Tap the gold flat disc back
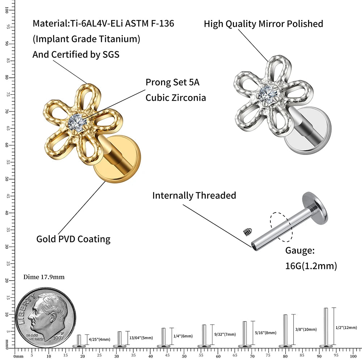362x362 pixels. pyautogui.click(x=117, y=159)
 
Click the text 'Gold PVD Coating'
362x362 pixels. pyautogui.click(x=73, y=239)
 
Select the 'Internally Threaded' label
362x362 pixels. pyautogui.click(x=194, y=195)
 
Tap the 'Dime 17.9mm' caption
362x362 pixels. pyautogui.click(x=44, y=277)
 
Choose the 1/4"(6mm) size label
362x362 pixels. pyautogui.click(x=183, y=336)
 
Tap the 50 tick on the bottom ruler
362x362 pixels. pyautogui.click(x=184, y=350)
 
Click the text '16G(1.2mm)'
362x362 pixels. pyautogui.click(x=311, y=266)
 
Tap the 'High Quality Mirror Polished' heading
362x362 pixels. pyautogui.click(x=263, y=24)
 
